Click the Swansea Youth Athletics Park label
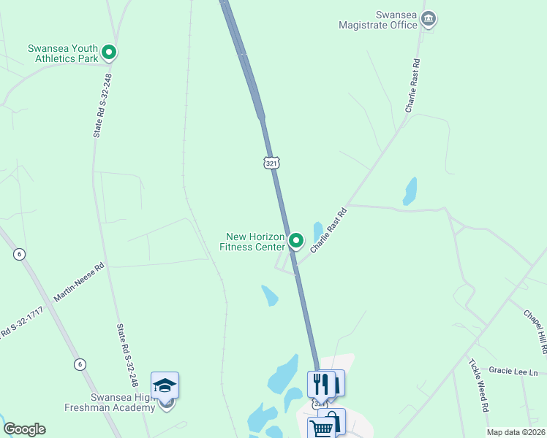pyautogui.click(x=62, y=53)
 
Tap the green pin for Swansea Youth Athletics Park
pyautogui.click(x=109, y=52)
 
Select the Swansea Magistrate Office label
pyautogui.click(x=377, y=20)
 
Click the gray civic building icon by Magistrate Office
pyautogui.click(x=429, y=19)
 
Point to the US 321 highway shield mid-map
pyautogui.click(x=271, y=164)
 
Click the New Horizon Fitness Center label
pyautogui.click(x=254, y=242)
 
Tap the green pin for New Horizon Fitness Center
pyautogui.click(x=296, y=239)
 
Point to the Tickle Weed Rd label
pyautogui.click(x=479, y=386)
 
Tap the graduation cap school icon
pyautogui.click(x=165, y=385)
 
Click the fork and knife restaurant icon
pyautogui.click(x=320, y=383)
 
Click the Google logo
pyautogui.click(x=24, y=429)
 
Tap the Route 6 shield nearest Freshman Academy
pyautogui.click(x=80, y=364)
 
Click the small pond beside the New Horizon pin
pyautogui.click(x=318, y=231)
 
